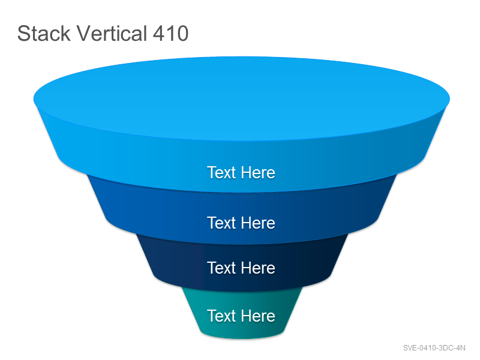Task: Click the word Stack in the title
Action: pos(44,34)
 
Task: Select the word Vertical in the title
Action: pos(112,33)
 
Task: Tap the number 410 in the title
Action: pos(170,34)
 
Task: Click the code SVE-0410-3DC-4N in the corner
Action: pos(434,348)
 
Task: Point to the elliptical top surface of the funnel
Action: pos(242,98)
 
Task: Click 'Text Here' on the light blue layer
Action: pos(241,172)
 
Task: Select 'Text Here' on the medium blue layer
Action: pos(241,223)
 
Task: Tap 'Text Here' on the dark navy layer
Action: pos(241,268)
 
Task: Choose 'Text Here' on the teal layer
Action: pos(241,316)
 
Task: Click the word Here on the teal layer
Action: pos(258,316)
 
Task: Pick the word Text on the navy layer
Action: pos(221,268)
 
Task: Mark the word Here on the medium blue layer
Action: pos(258,223)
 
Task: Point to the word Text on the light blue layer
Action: pos(221,172)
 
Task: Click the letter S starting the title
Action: pos(23,34)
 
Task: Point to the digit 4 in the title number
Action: pos(158,34)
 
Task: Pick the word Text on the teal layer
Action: pos(221,316)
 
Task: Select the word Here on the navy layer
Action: pos(258,268)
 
